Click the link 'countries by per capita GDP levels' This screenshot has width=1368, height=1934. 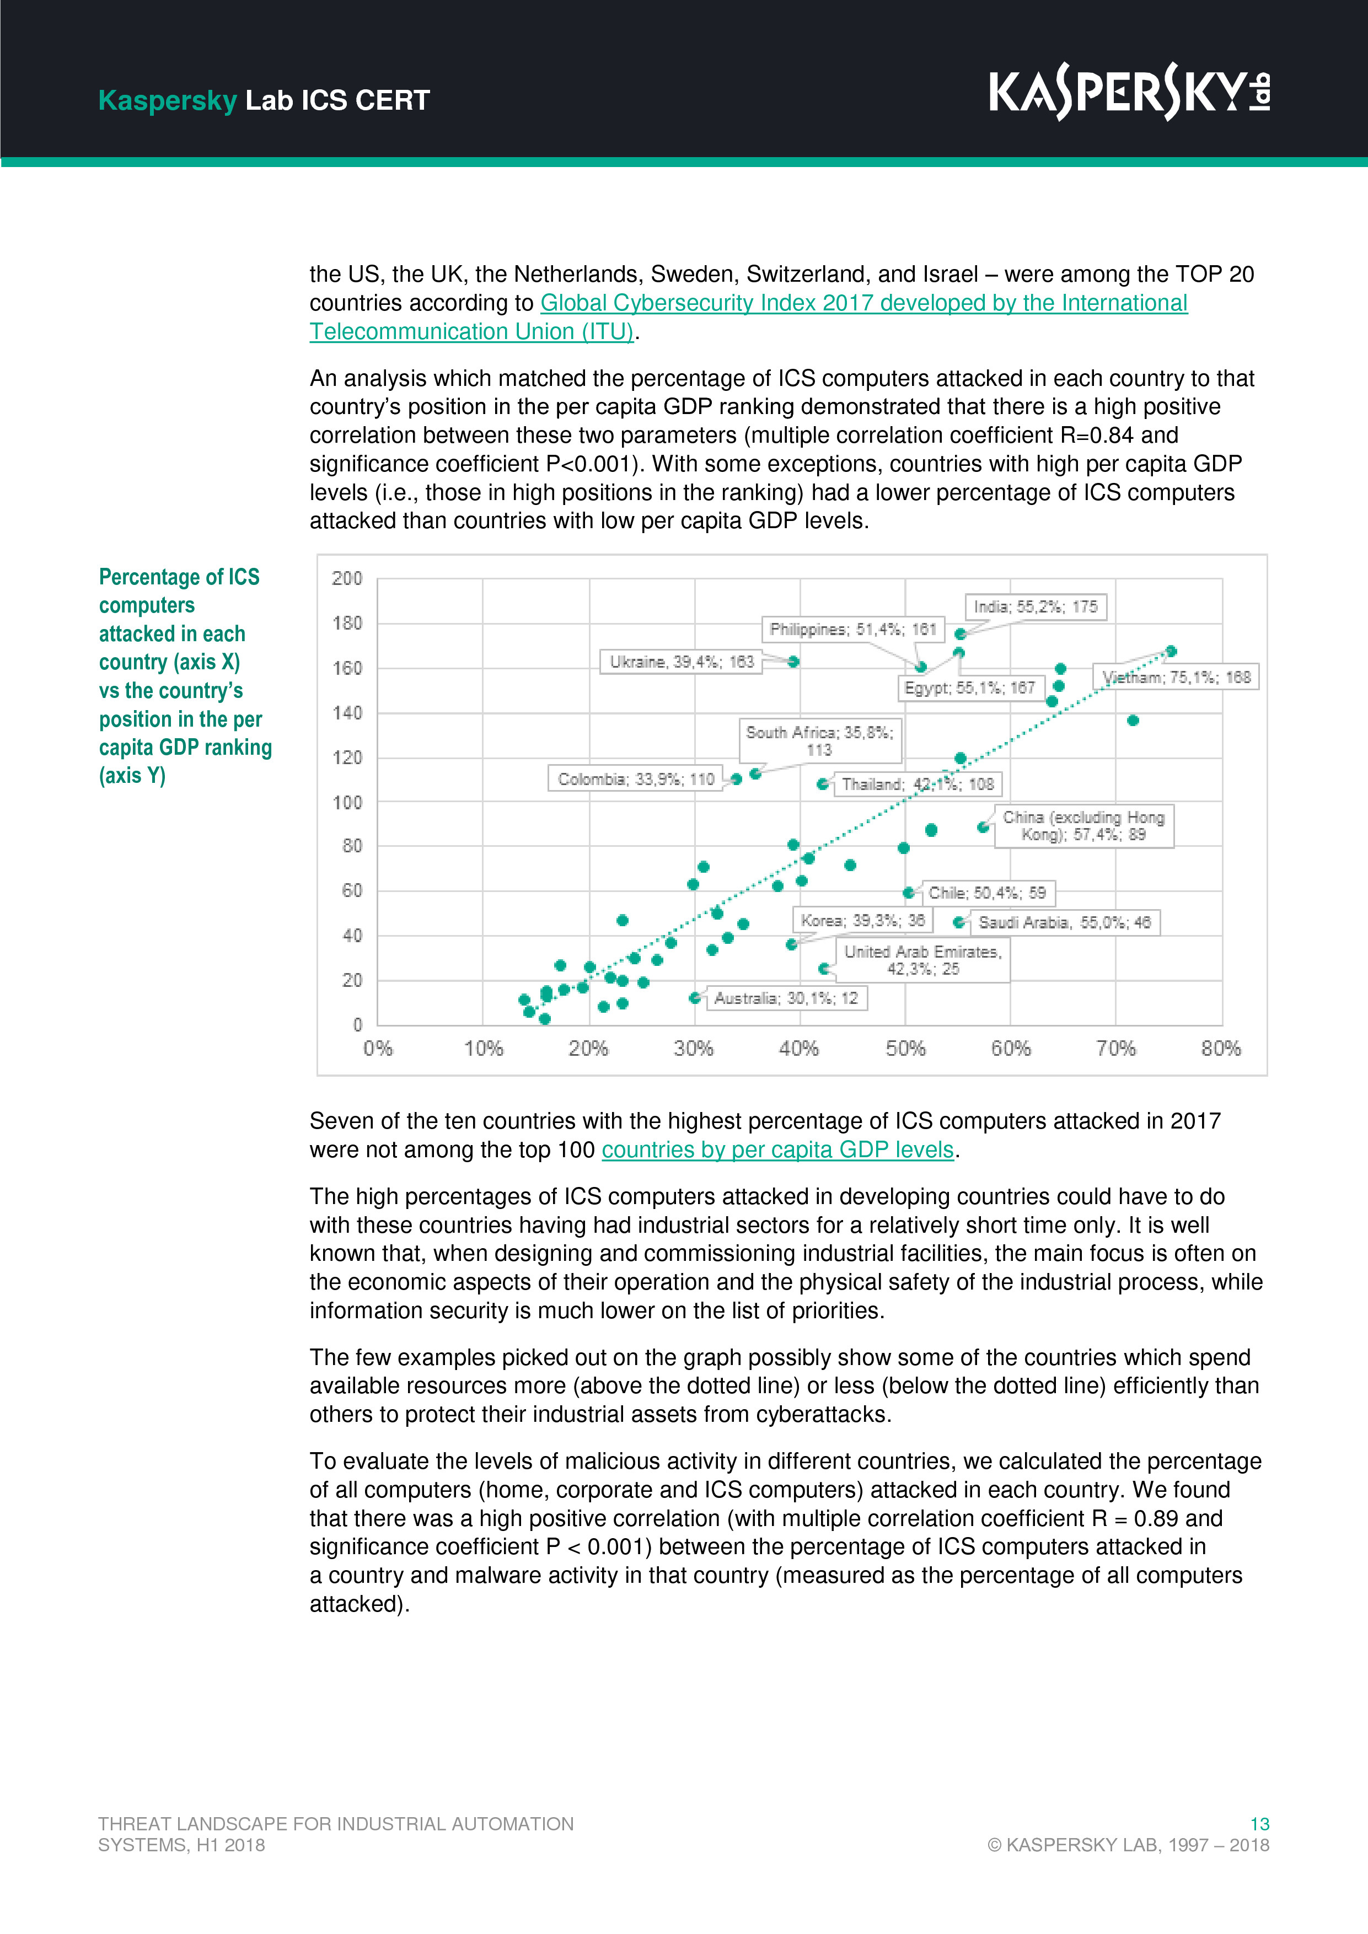tap(777, 1150)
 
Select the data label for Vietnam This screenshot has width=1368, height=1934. tap(1176, 677)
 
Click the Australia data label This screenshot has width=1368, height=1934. tap(785, 998)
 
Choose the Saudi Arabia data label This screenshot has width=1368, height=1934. tap(1064, 922)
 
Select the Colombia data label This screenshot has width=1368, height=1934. tap(635, 779)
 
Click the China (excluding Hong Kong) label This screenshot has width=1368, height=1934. tap(1083, 825)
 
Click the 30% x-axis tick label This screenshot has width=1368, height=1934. tap(693, 1049)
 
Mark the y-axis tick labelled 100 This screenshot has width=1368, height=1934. tap(346, 802)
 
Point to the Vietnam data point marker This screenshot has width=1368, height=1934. tap(1171, 651)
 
